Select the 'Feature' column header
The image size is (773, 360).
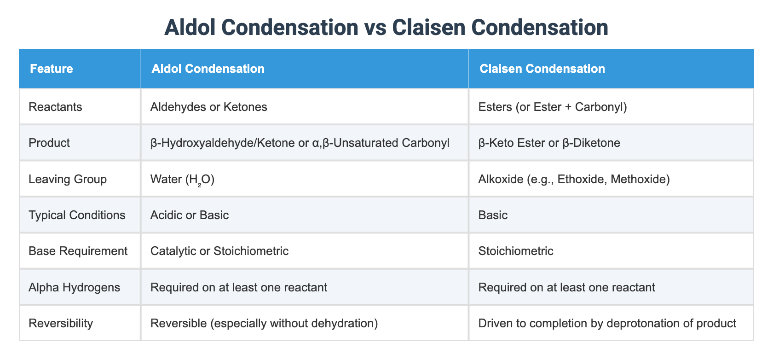(x=52, y=69)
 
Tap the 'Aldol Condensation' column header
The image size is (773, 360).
(x=208, y=69)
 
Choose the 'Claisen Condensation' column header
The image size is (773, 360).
(x=542, y=69)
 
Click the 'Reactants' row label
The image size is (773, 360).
(x=55, y=107)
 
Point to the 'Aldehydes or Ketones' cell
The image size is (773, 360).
(x=208, y=107)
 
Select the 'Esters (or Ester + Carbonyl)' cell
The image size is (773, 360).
(x=553, y=107)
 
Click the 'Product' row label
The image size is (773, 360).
(x=49, y=143)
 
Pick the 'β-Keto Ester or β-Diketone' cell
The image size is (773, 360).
(x=549, y=143)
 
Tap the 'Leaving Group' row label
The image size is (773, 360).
(x=68, y=179)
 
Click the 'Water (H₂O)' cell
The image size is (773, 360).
(x=182, y=179)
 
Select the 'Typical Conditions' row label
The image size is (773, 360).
(x=77, y=215)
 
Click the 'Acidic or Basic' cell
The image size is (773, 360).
(x=189, y=215)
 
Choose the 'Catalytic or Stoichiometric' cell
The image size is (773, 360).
(x=219, y=251)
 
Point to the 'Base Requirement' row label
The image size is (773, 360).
(x=78, y=251)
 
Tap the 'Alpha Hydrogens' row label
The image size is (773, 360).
(x=74, y=287)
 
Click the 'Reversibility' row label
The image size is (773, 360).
(x=61, y=323)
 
